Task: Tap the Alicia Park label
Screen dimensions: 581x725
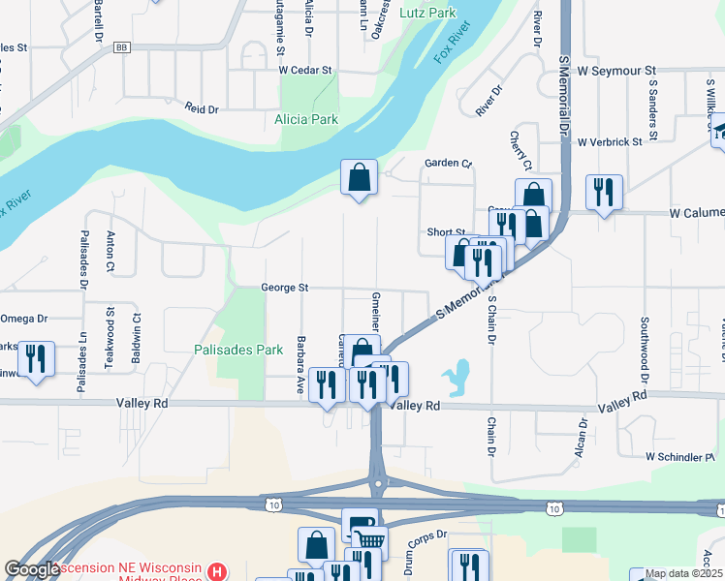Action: (x=305, y=119)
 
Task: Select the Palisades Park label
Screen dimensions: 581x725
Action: (x=236, y=350)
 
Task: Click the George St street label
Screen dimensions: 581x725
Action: (x=284, y=288)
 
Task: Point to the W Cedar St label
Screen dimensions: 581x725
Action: (x=305, y=71)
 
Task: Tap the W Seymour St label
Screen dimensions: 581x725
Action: (x=616, y=71)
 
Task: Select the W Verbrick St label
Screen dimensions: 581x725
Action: (x=610, y=141)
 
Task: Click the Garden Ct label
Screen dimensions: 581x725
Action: (x=447, y=164)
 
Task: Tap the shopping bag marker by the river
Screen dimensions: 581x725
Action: (x=359, y=178)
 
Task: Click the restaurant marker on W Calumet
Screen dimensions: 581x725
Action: (x=604, y=193)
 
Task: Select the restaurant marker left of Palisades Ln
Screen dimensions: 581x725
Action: (x=37, y=360)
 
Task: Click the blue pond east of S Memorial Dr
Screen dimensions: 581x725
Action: (x=456, y=373)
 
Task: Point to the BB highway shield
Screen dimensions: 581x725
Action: (x=121, y=46)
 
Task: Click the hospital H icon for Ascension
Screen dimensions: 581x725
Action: (x=219, y=571)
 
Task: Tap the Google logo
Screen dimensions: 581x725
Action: (x=31, y=570)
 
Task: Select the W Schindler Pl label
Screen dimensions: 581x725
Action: (x=679, y=456)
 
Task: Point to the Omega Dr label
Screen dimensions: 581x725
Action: (x=23, y=319)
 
